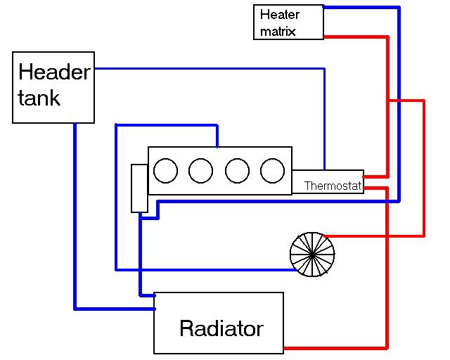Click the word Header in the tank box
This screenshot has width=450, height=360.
coord(54,72)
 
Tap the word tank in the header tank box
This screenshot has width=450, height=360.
coord(39,97)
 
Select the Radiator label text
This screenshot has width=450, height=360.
coord(221,328)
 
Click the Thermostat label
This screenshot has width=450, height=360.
coord(333,186)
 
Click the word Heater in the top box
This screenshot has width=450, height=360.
coord(279,14)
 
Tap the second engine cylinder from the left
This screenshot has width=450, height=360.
coord(201,170)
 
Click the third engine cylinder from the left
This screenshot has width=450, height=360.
coord(237,170)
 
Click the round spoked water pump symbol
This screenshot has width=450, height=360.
coord(312,254)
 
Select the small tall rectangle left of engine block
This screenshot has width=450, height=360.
coord(139,188)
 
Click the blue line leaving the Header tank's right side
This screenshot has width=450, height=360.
coord(211,69)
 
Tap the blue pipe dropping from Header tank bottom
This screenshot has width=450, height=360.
coord(75,211)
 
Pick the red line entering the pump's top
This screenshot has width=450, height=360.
coord(373,235)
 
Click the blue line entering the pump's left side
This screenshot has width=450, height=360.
coord(204,269)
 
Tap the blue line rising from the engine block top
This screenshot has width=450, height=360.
coord(217,136)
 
